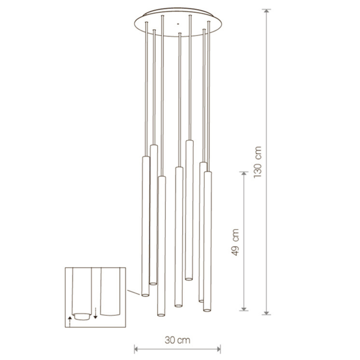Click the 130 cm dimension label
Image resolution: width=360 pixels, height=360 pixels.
click(x=257, y=162)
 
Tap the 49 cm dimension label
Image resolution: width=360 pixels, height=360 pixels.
click(x=235, y=242)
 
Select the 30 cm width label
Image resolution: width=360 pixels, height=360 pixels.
click(x=177, y=340)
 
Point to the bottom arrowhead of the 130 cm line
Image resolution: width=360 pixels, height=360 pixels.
click(x=266, y=312)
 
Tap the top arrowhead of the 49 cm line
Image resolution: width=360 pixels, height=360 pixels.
click(x=244, y=173)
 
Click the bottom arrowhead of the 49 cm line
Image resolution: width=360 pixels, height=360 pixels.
click(x=244, y=309)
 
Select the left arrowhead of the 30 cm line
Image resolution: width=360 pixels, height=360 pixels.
click(x=136, y=350)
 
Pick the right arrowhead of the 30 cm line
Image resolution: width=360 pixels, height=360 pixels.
click(x=218, y=350)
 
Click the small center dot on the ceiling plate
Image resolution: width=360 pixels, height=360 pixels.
click(x=177, y=24)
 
